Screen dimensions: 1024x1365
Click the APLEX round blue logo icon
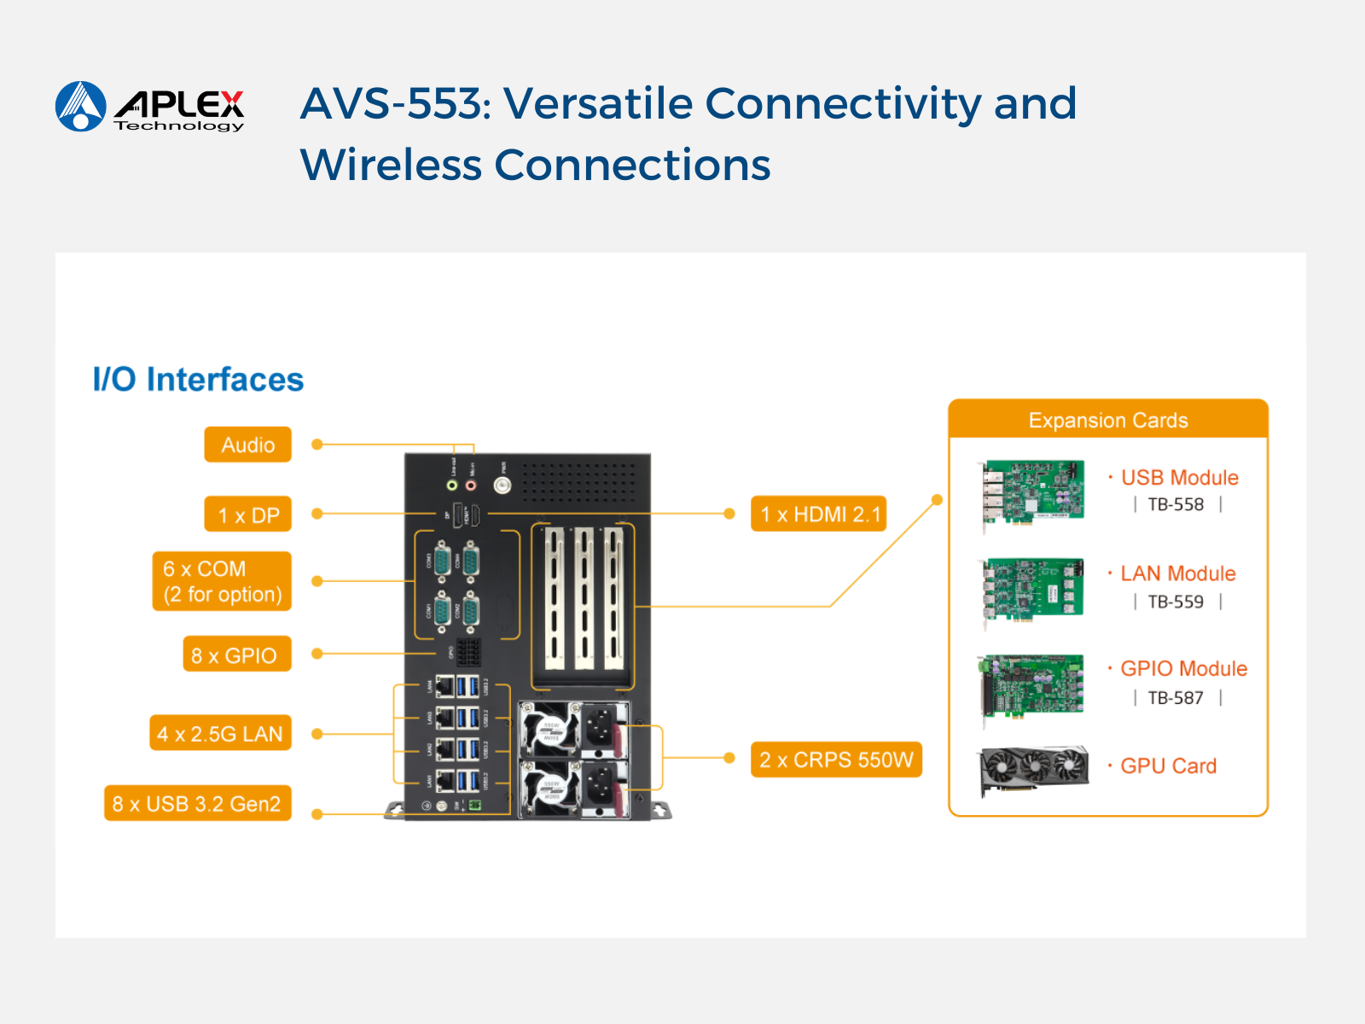[x=80, y=107]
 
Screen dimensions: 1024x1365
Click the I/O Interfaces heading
[x=198, y=380]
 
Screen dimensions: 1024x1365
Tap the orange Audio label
[x=247, y=445]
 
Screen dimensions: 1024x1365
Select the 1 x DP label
[x=247, y=515]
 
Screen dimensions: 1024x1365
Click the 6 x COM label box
[x=222, y=581]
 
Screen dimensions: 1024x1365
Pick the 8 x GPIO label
[x=236, y=655]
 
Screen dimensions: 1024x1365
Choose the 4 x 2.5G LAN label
[x=220, y=733]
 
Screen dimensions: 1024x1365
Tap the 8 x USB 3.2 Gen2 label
[x=197, y=804]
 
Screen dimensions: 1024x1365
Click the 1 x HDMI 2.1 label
[x=818, y=514]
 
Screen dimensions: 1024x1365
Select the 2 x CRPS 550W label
[x=836, y=759]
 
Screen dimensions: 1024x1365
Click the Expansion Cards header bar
[x=1107, y=420]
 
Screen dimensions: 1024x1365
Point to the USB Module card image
[x=1032, y=492]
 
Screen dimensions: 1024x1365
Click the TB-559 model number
[x=1176, y=602]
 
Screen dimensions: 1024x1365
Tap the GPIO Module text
[x=1183, y=668]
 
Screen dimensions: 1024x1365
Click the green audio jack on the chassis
[x=453, y=485]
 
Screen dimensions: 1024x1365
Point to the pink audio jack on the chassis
[x=471, y=485]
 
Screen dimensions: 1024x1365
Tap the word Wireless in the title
[x=391, y=165]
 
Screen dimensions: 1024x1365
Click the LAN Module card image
[x=1032, y=589]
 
